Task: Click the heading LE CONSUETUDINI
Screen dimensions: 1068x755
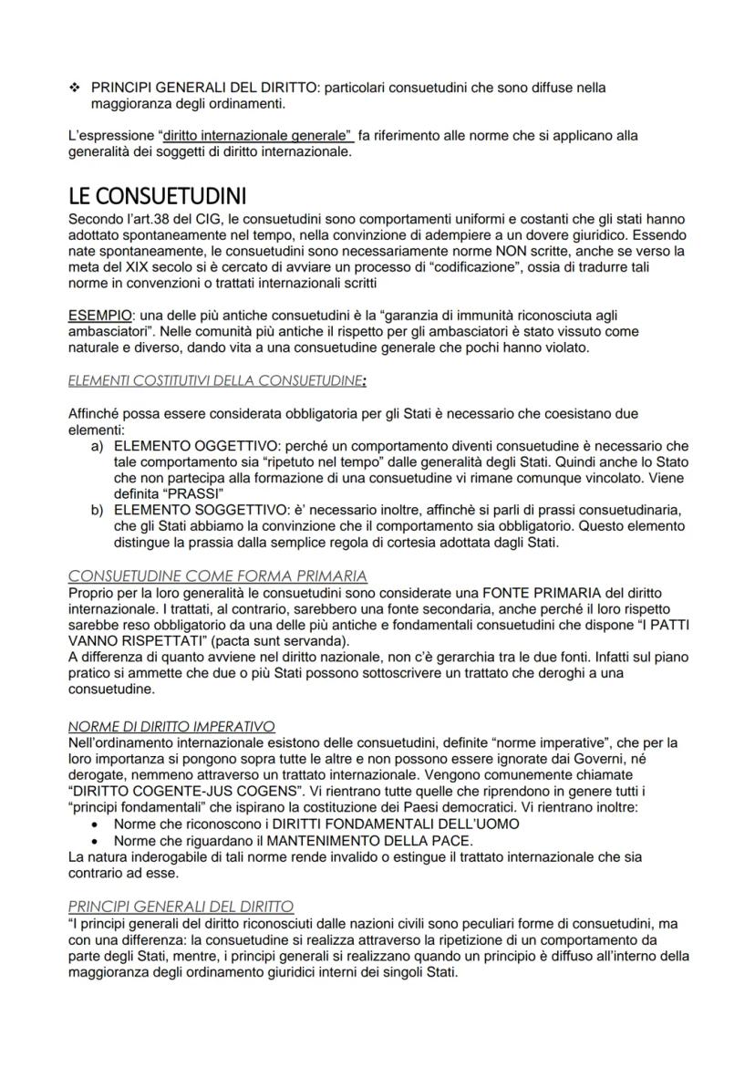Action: pos(158,197)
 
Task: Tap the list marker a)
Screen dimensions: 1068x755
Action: pos(98,446)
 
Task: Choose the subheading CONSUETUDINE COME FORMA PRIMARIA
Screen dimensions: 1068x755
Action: pos(218,576)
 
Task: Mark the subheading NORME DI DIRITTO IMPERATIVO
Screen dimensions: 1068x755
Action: pos(172,726)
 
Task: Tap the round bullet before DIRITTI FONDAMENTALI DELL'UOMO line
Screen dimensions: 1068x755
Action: pos(98,824)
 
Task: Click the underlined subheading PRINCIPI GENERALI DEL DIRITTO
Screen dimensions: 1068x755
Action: pos(181,906)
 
